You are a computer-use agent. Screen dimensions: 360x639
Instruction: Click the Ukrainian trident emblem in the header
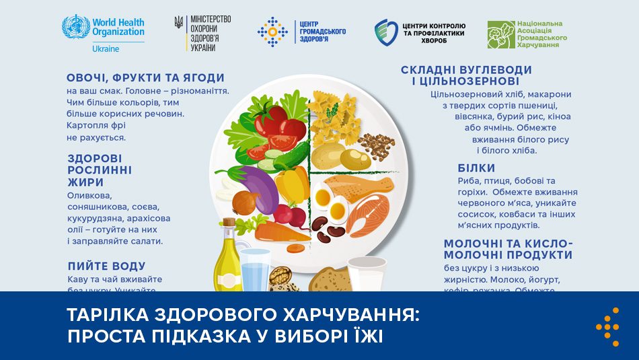click(x=178, y=22)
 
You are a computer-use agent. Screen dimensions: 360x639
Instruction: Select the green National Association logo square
click(x=500, y=35)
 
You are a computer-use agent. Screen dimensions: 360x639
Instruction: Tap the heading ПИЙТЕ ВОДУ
click(x=106, y=266)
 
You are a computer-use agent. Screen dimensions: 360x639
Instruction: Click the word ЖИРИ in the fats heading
click(x=85, y=182)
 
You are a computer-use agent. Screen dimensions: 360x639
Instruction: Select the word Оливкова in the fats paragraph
click(x=87, y=195)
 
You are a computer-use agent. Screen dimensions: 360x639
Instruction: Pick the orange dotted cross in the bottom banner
click(x=607, y=326)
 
